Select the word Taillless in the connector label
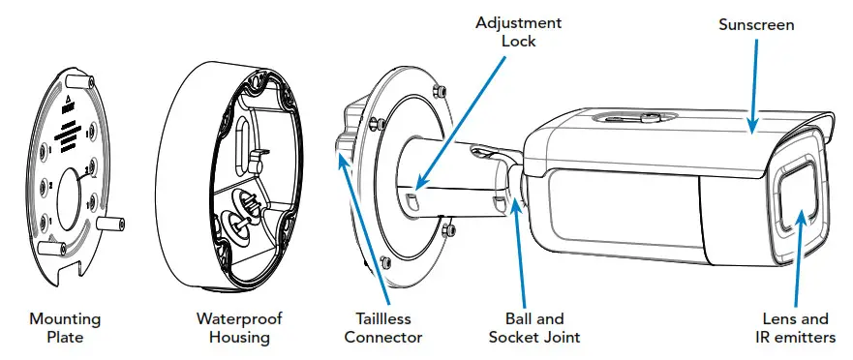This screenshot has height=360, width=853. coord(383,317)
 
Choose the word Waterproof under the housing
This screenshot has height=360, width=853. coord(232,317)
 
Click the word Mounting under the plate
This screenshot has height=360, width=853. coord(65,317)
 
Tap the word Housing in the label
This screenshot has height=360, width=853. coord(232,337)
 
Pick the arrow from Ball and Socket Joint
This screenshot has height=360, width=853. coord(522,252)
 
